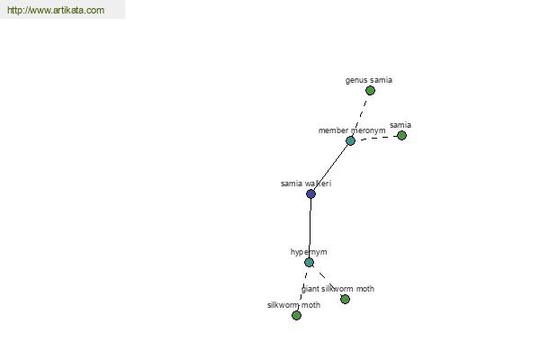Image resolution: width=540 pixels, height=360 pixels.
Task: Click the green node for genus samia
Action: pos(370,91)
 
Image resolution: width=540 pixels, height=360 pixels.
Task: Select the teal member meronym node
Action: pos(350,140)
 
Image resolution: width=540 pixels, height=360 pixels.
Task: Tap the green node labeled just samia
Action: pos(401,135)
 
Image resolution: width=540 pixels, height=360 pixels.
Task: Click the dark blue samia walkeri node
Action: pos(310,193)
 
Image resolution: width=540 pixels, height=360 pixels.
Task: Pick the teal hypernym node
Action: pos(309,262)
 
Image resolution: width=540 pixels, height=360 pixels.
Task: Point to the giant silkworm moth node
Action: pos(345,299)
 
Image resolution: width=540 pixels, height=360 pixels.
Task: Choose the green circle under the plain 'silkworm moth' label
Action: pos(296,315)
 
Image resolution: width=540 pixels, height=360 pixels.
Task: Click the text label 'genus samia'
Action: pos(368,80)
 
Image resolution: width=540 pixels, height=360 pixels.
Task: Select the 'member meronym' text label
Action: pos(352,130)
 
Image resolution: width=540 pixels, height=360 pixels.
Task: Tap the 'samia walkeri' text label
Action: pos(306,184)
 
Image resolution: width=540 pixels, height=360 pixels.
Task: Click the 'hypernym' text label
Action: pos(309,252)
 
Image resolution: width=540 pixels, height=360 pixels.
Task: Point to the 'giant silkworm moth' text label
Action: pos(337,289)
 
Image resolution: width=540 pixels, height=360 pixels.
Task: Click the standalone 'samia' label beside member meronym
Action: pos(400,125)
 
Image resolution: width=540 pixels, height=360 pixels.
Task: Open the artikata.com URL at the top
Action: pos(56,10)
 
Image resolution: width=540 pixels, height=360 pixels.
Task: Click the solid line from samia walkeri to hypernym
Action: pos(310,228)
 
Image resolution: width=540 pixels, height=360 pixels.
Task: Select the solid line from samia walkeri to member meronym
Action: pos(330,167)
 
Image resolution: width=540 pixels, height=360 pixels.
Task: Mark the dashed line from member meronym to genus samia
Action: pos(360,116)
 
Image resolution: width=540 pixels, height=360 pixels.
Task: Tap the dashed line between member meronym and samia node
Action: pos(376,138)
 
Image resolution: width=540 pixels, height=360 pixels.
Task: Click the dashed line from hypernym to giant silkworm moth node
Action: pos(327,281)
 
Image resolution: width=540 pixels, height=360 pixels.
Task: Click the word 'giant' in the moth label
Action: pos(310,289)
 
